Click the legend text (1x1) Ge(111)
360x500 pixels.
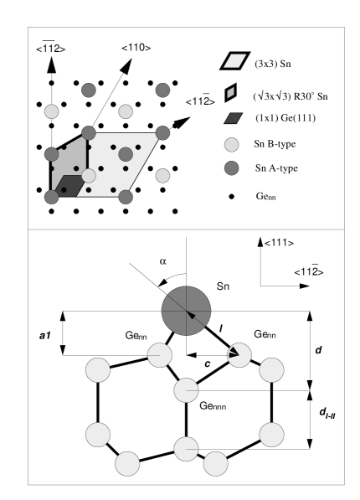click(285, 119)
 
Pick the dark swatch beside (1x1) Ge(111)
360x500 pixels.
click(234, 118)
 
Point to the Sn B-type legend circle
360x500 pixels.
click(232, 144)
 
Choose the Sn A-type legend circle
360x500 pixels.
click(232, 168)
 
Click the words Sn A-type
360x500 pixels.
click(276, 168)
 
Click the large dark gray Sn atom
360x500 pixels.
click(185, 311)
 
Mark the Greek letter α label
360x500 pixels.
click(162, 262)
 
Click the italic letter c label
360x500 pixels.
click(208, 363)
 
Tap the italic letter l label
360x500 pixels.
click(221, 328)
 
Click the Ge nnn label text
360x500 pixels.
click(212, 406)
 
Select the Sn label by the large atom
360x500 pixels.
click(223, 287)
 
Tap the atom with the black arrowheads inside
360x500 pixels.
click(239, 355)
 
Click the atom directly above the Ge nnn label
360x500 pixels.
click(185, 390)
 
